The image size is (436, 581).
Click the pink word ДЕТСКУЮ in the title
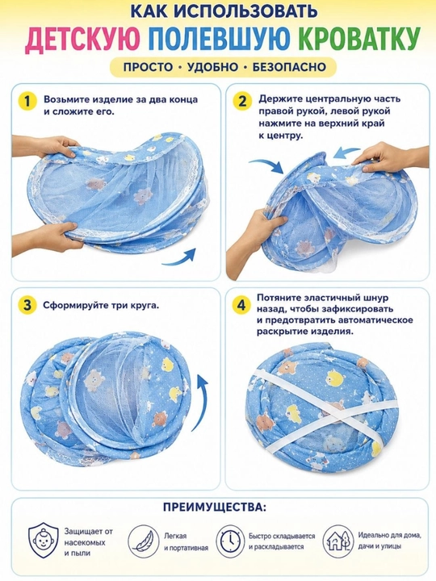82,38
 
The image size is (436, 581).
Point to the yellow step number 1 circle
27,101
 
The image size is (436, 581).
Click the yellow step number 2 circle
242,101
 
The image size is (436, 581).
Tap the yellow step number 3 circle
27,305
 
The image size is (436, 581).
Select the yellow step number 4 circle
241,305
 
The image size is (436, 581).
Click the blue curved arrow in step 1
181,258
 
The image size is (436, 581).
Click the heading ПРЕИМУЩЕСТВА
214,508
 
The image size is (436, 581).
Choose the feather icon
144,541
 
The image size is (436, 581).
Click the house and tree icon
337,541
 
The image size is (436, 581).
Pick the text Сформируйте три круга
101,306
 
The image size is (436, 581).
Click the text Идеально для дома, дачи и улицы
389,541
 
